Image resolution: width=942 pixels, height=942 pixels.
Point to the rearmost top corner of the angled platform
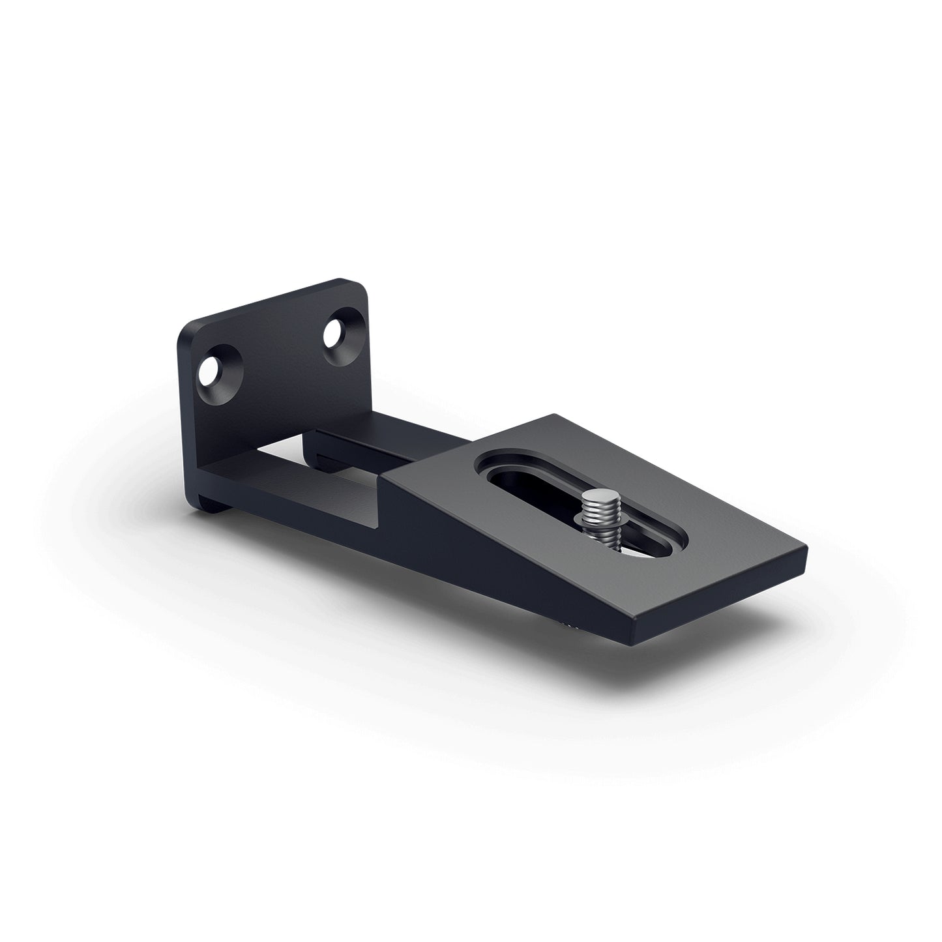tap(554, 415)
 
